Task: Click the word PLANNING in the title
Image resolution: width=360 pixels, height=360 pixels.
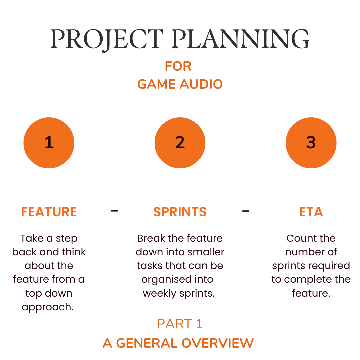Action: coord(241,39)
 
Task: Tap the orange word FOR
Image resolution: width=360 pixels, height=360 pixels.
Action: coord(178,66)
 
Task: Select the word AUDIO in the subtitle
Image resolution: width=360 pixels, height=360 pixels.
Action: coord(201,84)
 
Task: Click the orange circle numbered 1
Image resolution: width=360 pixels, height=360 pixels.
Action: coord(49,143)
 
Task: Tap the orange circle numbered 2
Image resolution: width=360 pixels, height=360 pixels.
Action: coord(180,143)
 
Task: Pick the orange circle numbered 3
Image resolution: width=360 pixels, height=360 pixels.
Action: coord(311,143)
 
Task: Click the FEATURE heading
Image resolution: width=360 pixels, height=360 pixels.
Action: coord(49,212)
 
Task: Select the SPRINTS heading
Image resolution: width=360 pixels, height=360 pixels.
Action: coord(180,212)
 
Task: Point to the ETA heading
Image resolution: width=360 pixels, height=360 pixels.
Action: coord(311,212)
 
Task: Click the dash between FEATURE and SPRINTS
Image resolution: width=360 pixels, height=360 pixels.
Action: coord(115,211)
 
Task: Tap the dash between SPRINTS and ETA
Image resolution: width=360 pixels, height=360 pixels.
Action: coord(246,211)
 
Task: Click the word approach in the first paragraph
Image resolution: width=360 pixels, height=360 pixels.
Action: coord(48,307)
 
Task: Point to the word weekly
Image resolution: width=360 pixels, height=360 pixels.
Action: coord(159,294)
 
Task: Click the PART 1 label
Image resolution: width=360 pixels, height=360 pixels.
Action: coord(180,324)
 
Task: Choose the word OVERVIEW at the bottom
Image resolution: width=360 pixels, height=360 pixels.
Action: coord(218,343)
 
